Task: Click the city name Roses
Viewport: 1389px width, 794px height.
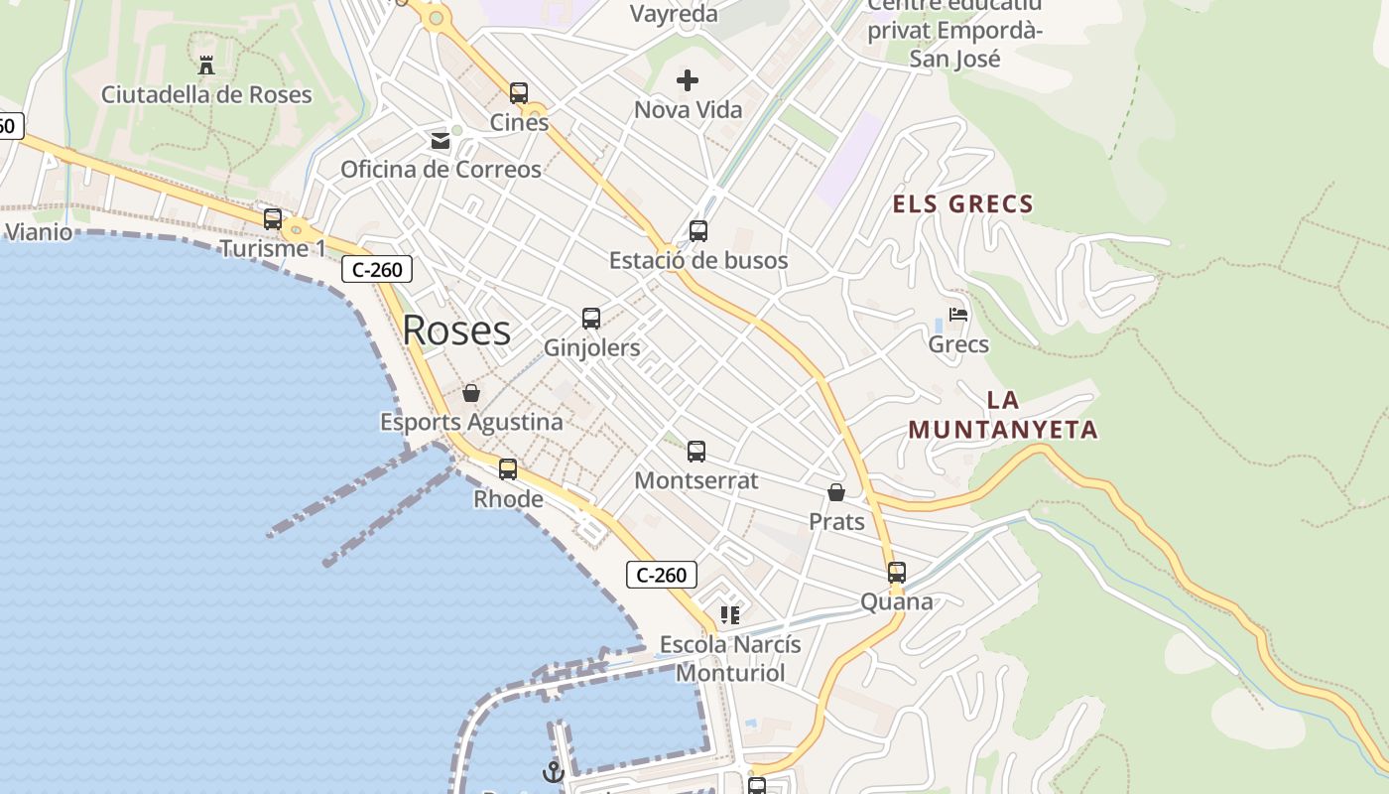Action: (x=456, y=331)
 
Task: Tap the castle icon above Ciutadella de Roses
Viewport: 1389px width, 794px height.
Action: (x=206, y=66)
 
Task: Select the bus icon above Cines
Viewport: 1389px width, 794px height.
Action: (x=519, y=93)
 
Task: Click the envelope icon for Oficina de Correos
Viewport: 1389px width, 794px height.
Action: (x=441, y=141)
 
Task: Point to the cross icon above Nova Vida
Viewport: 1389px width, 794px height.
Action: (x=688, y=80)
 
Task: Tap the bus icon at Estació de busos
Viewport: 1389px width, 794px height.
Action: (x=698, y=231)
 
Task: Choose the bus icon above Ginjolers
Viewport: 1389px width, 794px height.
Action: (x=591, y=319)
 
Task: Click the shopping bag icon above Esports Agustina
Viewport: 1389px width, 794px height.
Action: (x=471, y=393)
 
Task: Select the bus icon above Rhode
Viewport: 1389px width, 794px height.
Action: (x=508, y=469)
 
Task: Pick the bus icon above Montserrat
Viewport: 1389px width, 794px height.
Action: (x=696, y=452)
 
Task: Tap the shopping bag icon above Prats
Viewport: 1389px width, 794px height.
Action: (x=836, y=492)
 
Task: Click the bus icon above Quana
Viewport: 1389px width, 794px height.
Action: (x=897, y=573)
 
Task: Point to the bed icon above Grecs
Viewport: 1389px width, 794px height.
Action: (x=958, y=315)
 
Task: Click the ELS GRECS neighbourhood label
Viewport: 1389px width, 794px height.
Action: (x=963, y=204)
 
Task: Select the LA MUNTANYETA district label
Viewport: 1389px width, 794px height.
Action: (x=1003, y=415)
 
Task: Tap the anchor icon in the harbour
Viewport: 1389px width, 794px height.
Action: (x=553, y=771)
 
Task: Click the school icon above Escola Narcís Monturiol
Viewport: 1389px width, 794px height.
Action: (x=730, y=615)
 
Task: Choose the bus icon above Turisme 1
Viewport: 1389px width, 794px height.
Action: (x=273, y=219)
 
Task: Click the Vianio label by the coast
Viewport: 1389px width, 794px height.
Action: (x=39, y=232)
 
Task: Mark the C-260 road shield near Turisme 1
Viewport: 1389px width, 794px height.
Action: (x=377, y=269)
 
